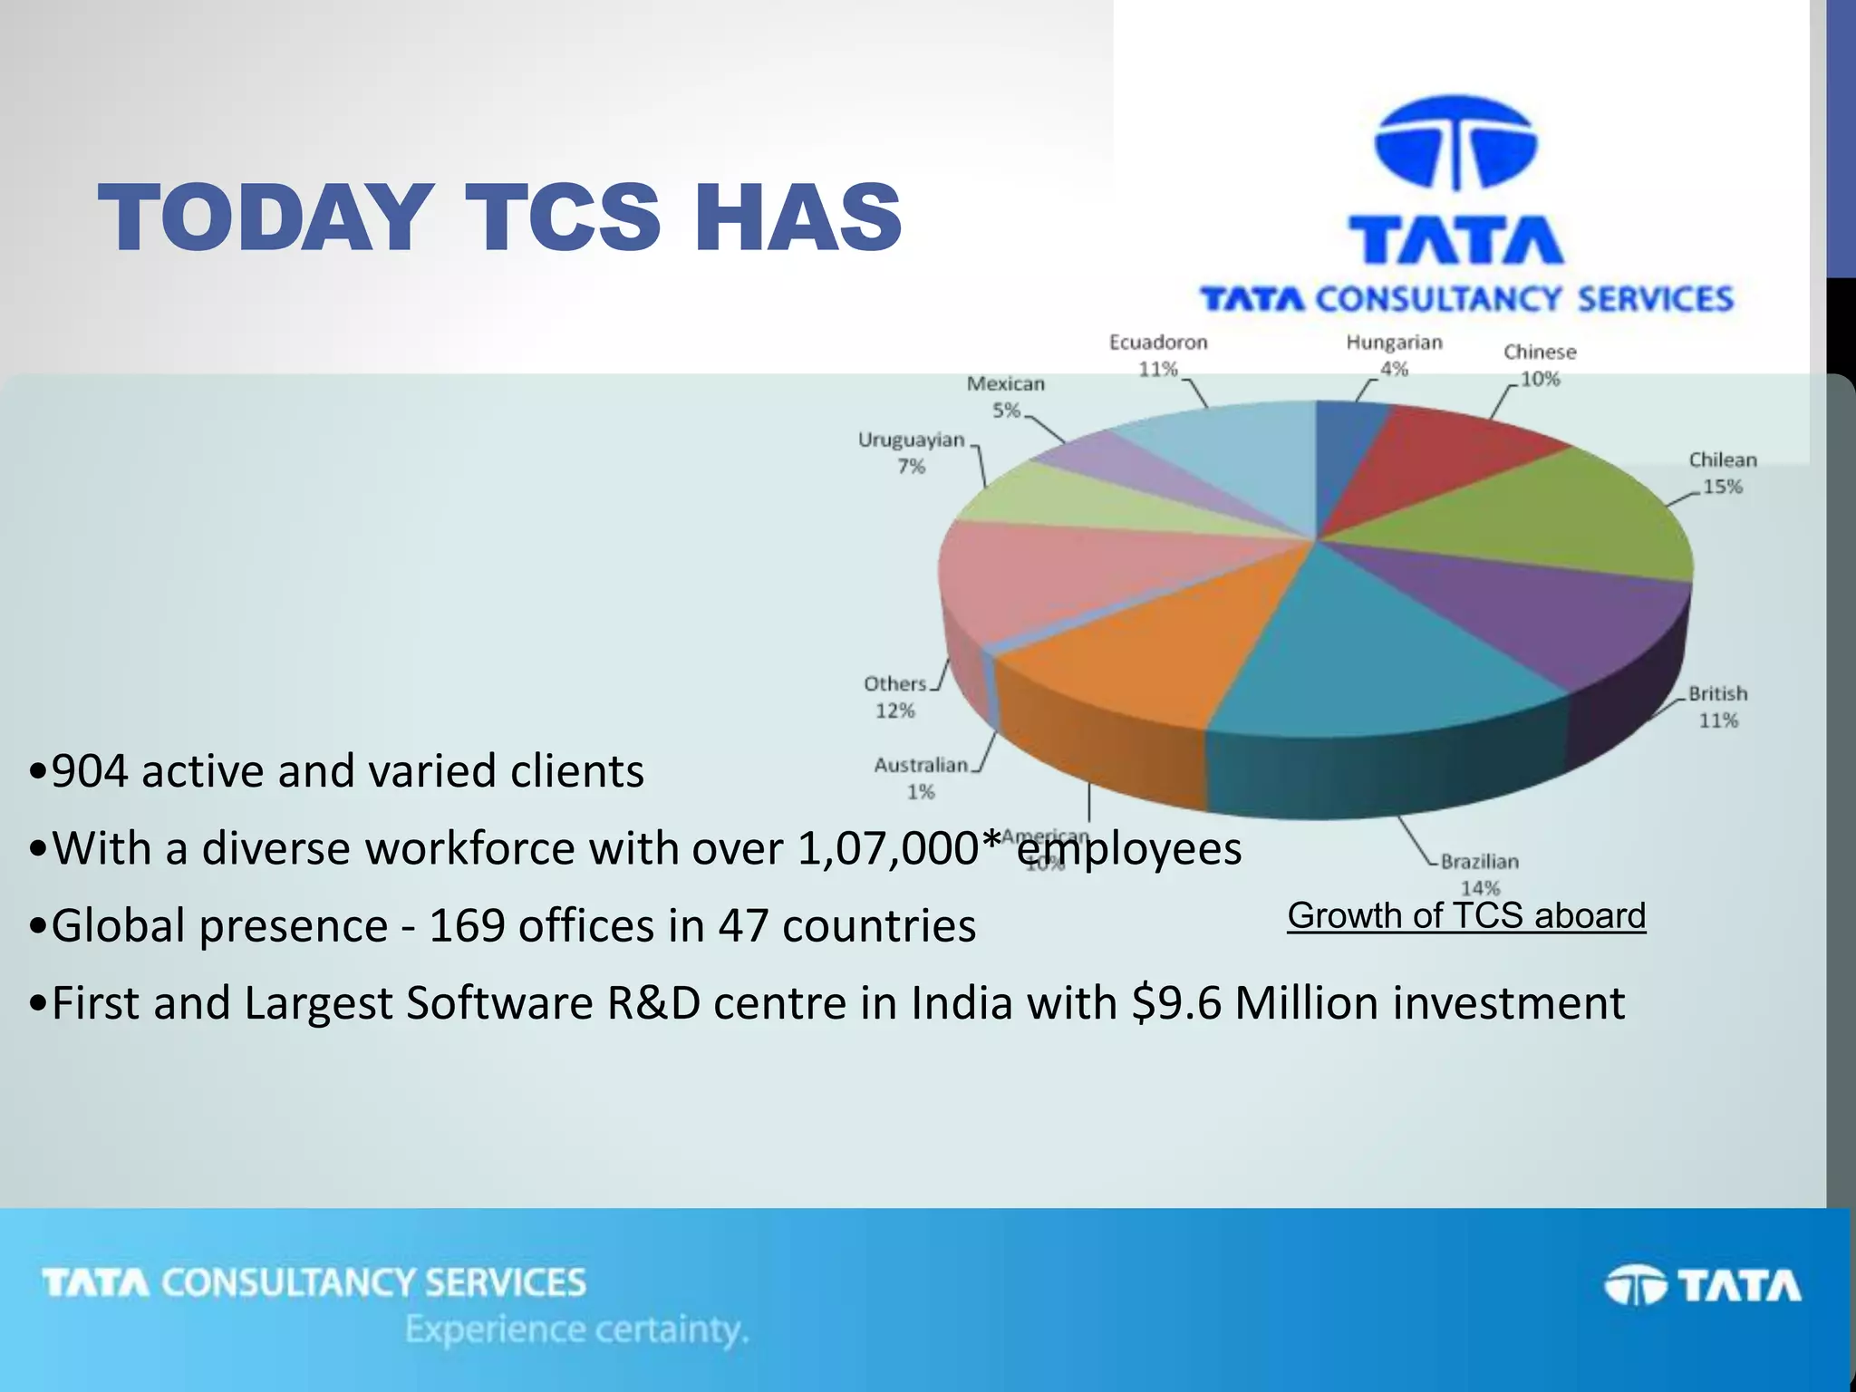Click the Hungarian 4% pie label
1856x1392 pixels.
(x=1394, y=354)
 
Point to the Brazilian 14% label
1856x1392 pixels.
(x=1479, y=874)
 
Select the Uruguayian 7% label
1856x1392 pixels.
(x=912, y=452)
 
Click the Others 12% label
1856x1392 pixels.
(x=895, y=696)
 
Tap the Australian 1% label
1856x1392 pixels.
(x=921, y=778)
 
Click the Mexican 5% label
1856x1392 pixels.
(x=1006, y=396)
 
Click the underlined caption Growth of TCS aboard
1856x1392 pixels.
(x=1466, y=915)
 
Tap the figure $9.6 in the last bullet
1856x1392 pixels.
(x=1176, y=1003)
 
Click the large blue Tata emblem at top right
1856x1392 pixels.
(x=1456, y=144)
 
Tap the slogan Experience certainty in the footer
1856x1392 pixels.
(x=576, y=1329)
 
